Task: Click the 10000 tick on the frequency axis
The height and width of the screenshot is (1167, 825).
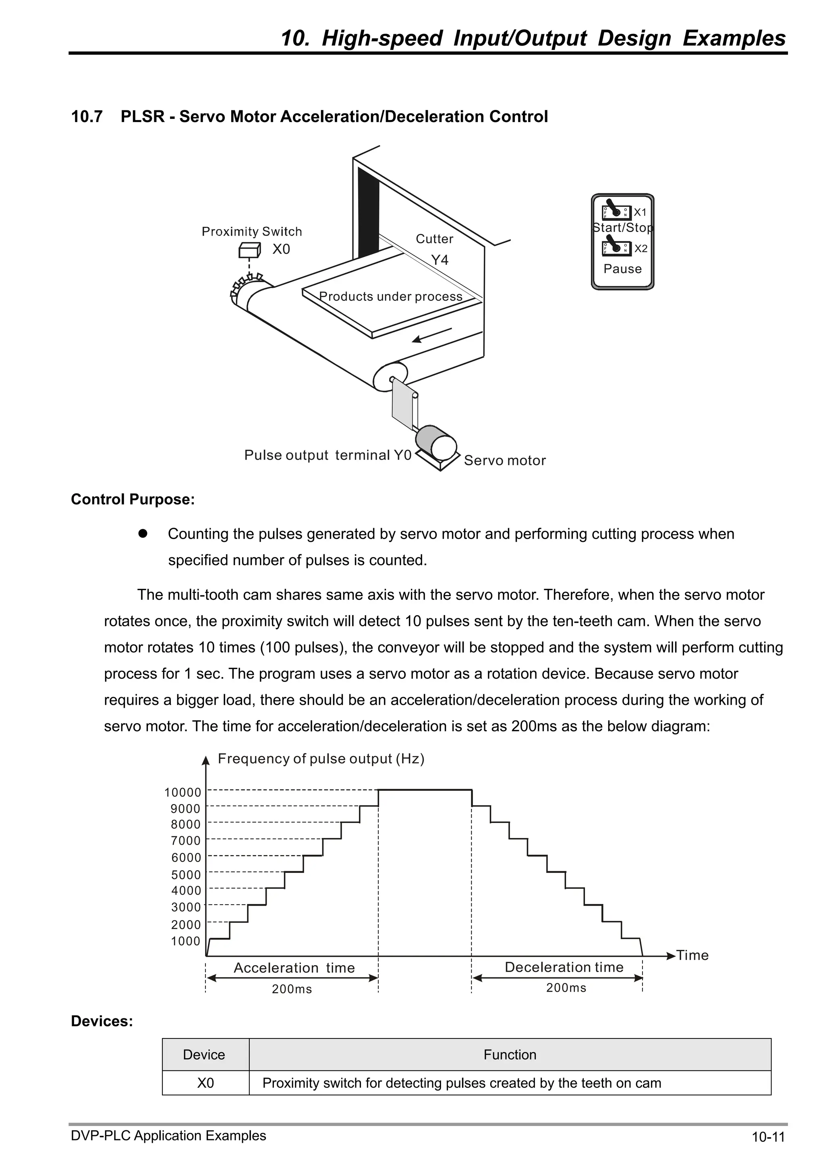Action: (x=182, y=792)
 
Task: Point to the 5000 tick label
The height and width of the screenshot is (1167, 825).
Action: (x=186, y=875)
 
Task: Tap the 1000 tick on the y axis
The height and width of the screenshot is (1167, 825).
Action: (x=186, y=941)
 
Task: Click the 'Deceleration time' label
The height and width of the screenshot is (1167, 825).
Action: (x=564, y=967)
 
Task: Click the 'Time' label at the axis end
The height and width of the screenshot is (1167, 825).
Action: (x=692, y=955)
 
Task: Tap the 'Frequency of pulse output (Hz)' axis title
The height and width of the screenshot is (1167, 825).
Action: (x=321, y=759)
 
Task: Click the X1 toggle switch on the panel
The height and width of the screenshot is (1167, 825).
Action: (x=616, y=212)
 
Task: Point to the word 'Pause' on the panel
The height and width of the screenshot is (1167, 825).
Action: (x=622, y=269)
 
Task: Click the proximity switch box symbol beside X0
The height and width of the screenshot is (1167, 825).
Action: (x=250, y=250)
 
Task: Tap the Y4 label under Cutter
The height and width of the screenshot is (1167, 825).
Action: (x=440, y=260)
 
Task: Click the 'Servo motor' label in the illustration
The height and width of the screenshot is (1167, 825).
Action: (x=505, y=460)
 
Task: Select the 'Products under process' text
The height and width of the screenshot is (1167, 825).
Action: (x=390, y=296)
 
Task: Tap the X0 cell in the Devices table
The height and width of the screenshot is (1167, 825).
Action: (x=205, y=1083)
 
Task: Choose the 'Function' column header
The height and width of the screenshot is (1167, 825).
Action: (x=510, y=1055)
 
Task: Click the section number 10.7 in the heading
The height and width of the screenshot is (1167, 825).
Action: (x=87, y=117)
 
